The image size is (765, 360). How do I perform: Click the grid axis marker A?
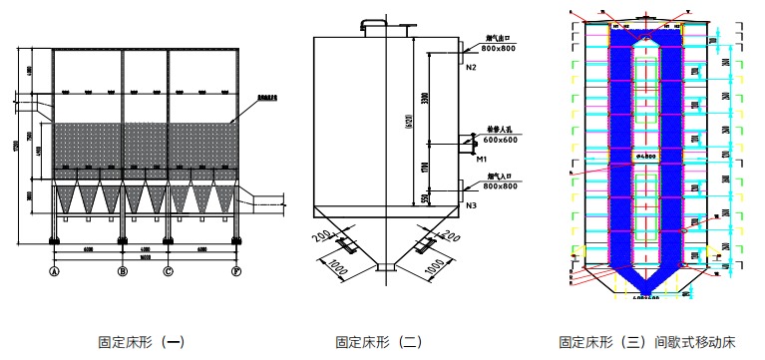tap(55, 270)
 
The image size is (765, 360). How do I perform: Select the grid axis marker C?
tap(169, 270)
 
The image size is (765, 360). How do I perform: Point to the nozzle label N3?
tap(471, 205)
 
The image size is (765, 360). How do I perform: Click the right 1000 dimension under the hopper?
tap(434, 267)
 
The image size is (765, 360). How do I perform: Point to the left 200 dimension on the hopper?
tap(319, 236)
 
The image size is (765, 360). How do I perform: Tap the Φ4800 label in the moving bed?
tap(648, 157)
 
